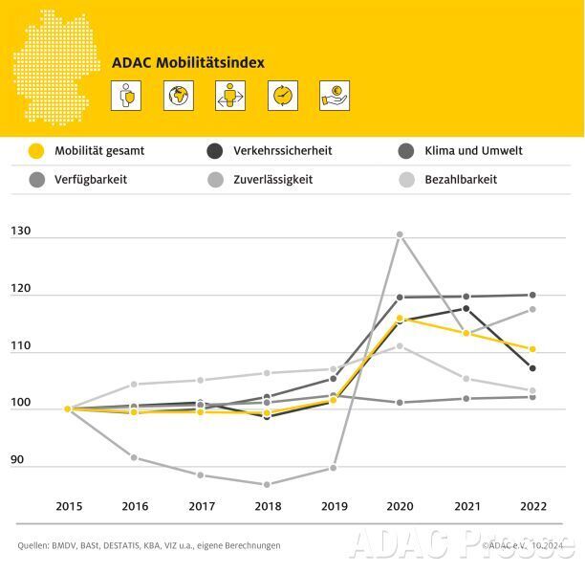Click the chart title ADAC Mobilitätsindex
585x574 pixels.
pyautogui.click(x=188, y=63)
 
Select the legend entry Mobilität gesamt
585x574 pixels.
pyautogui.click(x=99, y=151)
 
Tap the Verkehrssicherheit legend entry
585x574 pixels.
pyautogui.click(x=284, y=151)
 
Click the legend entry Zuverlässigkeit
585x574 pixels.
pyautogui.click(x=272, y=179)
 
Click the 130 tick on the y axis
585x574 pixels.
pyautogui.click(x=21, y=232)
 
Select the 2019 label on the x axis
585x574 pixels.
pyautogui.click(x=333, y=504)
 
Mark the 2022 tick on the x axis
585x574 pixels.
pyautogui.click(x=532, y=504)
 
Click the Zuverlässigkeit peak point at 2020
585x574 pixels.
pyautogui.click(x=400, y=234)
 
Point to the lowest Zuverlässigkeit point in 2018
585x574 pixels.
pyautogui.click(x=267, y=484)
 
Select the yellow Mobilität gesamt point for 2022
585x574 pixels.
pyautogui.click(x=532, y=349)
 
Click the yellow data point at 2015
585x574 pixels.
pyautogui.click(x=68, y=408)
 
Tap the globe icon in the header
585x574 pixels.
pyautogui.click(x=178, y=96)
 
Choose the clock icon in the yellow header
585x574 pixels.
pyautogui.click(x=283, y=96)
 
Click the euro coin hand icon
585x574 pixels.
pyautogui.click(x=335, y=96)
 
